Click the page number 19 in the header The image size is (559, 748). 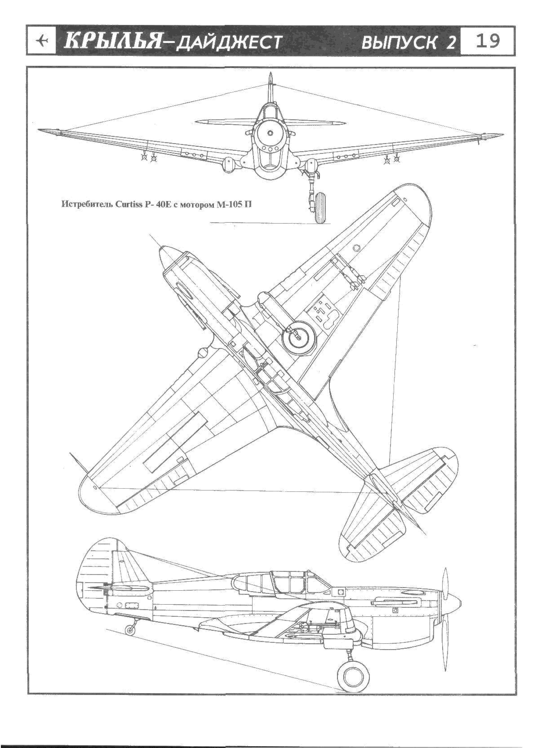click(x=487, y=41)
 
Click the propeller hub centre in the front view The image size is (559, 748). click(x=270, y=133)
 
